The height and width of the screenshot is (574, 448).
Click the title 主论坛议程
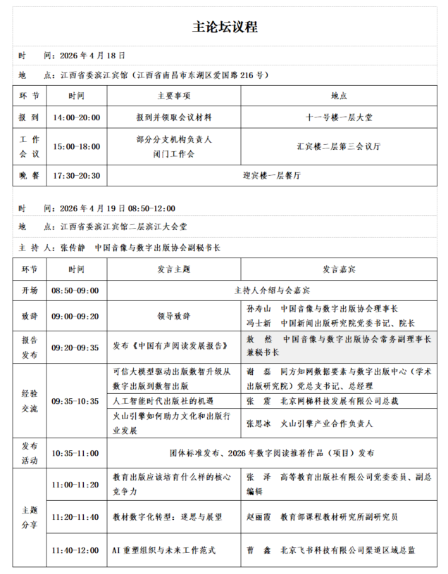pyautogui.click(x=224, y=27)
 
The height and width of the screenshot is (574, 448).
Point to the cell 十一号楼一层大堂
pyautogui.click(x=338, y=117)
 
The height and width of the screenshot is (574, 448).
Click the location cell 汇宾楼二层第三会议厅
pyautogui.click(x=338, y=146)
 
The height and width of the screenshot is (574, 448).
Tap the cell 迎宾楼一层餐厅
pyautogui.click(x=272, y=176)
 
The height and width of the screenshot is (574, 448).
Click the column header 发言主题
pyautogui.click(x=173, y=269)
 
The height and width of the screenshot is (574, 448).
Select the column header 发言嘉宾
pyautogui.click(x=338, y=269)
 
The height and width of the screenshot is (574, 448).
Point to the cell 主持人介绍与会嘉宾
pyautogui.click(x=272, y=290)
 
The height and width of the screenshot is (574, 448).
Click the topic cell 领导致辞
pyautogui.click(x=173, y=316)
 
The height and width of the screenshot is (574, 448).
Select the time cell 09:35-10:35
pyautogui.click(x=75, y=401)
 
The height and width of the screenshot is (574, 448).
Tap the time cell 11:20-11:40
pyautogui.click(x=75, y=517)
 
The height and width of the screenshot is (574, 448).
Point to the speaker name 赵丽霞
pyautogui.click(x=261, y=517)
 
